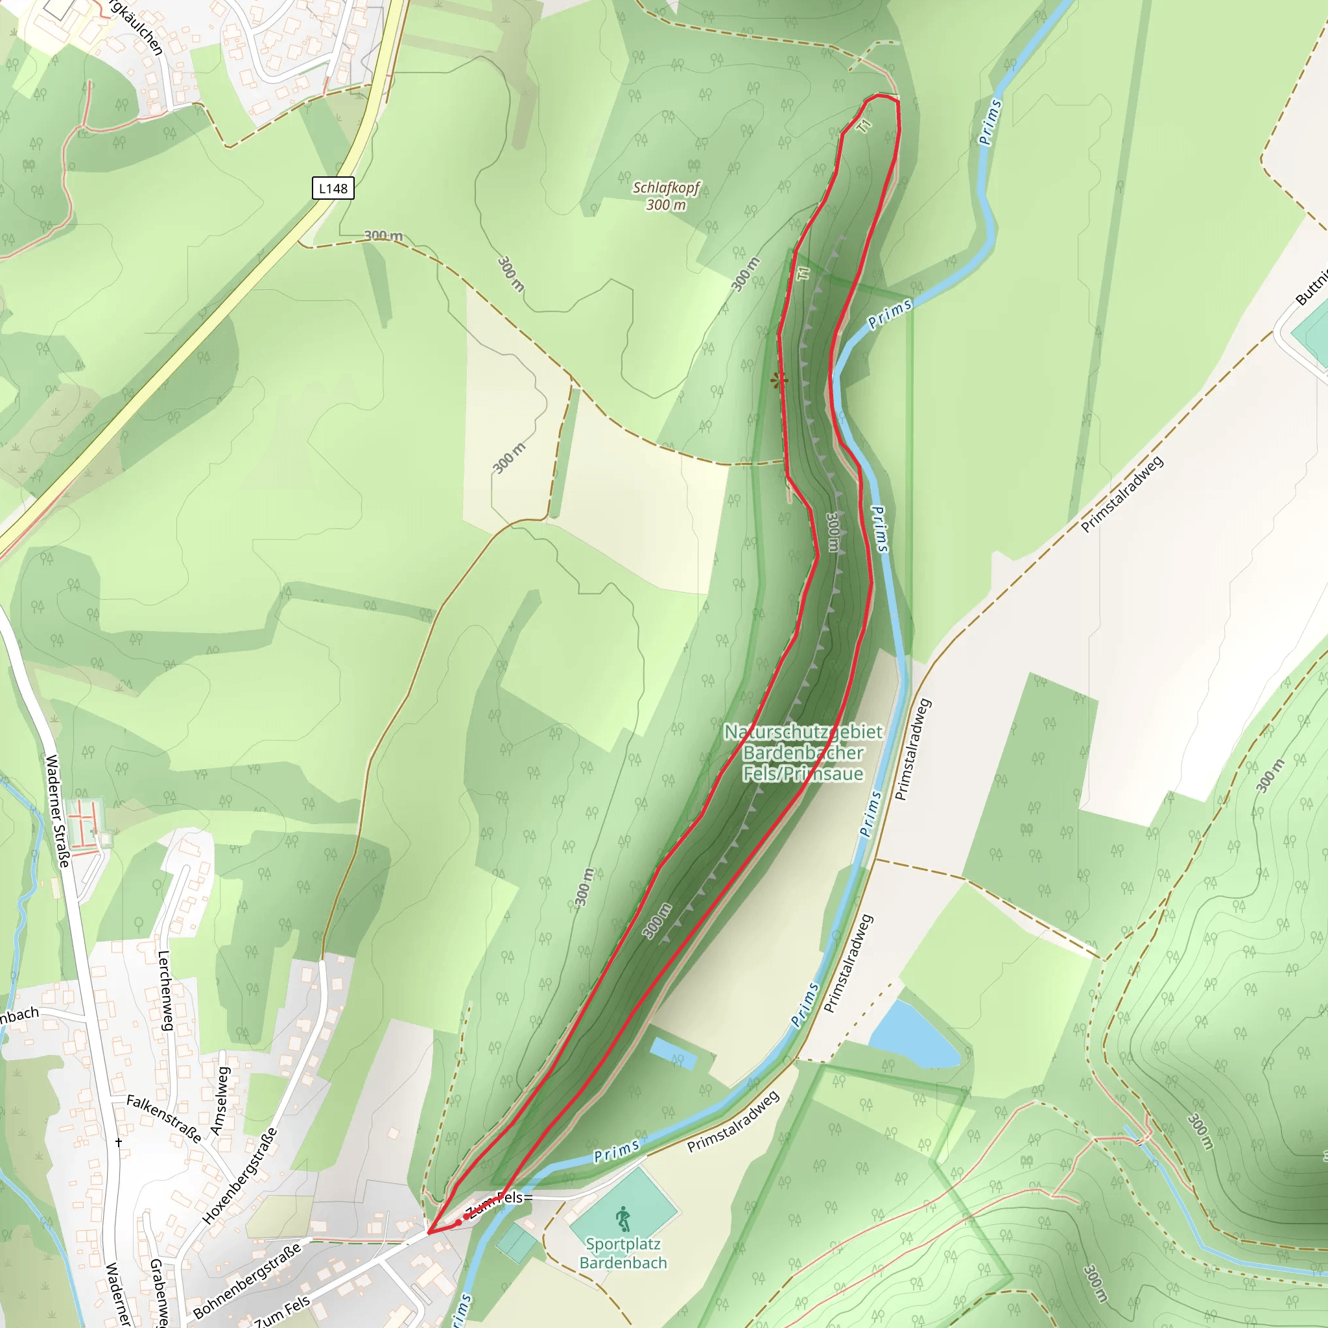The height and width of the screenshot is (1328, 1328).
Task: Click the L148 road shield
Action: click(x=333, y=188)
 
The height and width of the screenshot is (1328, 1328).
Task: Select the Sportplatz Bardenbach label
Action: click(x=622, y=1253)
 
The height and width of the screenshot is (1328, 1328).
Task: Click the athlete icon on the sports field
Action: click(x=622, y=1218)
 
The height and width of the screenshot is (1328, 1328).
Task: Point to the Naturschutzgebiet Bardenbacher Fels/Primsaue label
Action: click(x=803, y=753)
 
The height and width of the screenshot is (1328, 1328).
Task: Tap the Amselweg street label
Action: click(x=219, y=1102)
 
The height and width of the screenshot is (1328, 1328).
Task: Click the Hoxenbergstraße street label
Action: click(x=241, y=1176)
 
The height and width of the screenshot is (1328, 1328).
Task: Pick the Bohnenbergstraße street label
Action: click(x=247, y=1281)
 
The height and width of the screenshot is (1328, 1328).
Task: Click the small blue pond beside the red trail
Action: click(x=674, y=1052)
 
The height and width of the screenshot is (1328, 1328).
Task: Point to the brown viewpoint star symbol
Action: click(x=778, y=380)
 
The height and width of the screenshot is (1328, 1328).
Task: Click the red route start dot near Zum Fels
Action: click(x=458, y=1224)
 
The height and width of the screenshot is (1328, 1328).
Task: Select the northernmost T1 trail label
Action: click(x=865, y=126)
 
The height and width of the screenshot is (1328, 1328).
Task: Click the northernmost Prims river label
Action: click(x=991, y=123)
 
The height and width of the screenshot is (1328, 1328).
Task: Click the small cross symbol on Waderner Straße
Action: click(x=119, y=1143)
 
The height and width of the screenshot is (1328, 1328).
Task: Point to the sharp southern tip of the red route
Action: click(x=428, y=1233)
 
